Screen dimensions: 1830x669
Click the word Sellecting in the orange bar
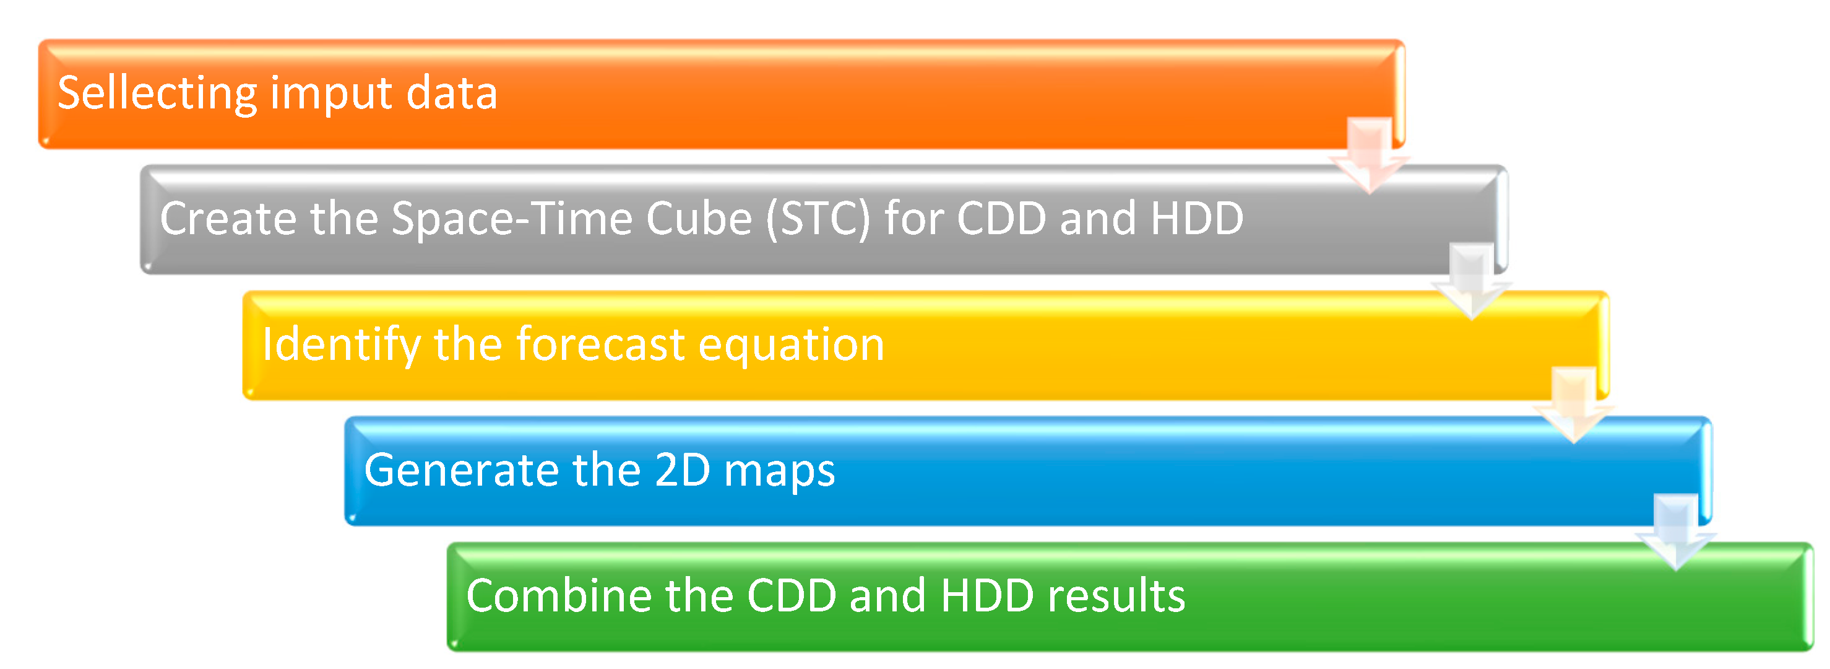click(157, 94)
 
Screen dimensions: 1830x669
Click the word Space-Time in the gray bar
click(511, 218)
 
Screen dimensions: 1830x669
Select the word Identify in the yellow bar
click(342, 346)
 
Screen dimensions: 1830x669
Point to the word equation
click(792, 346)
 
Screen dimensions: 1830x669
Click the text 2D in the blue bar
click(682, 470)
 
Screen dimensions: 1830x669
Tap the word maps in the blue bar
click(779, 473)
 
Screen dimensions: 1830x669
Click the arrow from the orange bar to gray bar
click(1369, 155)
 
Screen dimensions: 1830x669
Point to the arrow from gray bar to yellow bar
click(1471, 281)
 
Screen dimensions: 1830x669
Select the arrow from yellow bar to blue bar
click(1574, 405)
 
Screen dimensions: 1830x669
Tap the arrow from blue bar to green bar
click(1676, 531)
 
